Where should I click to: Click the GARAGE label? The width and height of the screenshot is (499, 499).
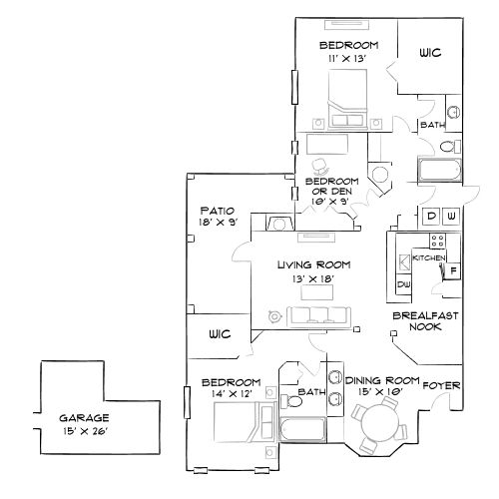(84, 417)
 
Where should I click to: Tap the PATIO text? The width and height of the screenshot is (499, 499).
(217, 211)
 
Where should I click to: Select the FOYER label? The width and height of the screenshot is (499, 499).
(440, 384)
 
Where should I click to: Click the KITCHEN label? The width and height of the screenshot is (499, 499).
(429, 258)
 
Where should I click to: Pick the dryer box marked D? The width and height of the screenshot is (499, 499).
(431, 216)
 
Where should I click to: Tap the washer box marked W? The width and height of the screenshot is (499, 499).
(451, 216)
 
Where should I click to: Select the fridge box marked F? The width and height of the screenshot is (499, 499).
(452, 270)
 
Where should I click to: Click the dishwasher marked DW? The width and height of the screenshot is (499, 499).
(404, 285)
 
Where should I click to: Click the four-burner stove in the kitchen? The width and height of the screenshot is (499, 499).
(436, 240)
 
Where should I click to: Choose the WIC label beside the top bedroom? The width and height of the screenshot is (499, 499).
(430, 53)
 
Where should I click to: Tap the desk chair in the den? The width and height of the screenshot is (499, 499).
(321, 166)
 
